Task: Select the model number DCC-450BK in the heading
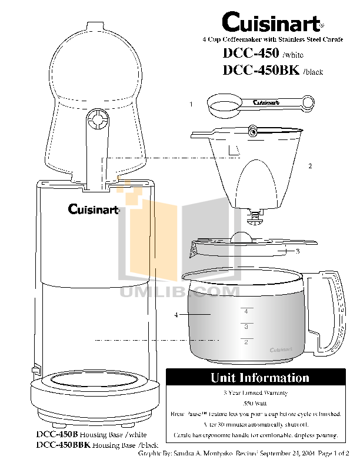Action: click(261, 71)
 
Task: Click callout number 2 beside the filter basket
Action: click(310, 167)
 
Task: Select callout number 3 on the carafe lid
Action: click(298, 251)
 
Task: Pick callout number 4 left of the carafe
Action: click(176, 315)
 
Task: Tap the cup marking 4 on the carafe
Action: click(246, 311)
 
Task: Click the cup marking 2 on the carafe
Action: click(246, 342)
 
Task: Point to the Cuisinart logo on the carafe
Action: click(281, 350)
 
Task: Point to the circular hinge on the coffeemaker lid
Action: click(98, 121)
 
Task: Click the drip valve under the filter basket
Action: click(254, 218)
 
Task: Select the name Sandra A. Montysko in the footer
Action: click(202, 455)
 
